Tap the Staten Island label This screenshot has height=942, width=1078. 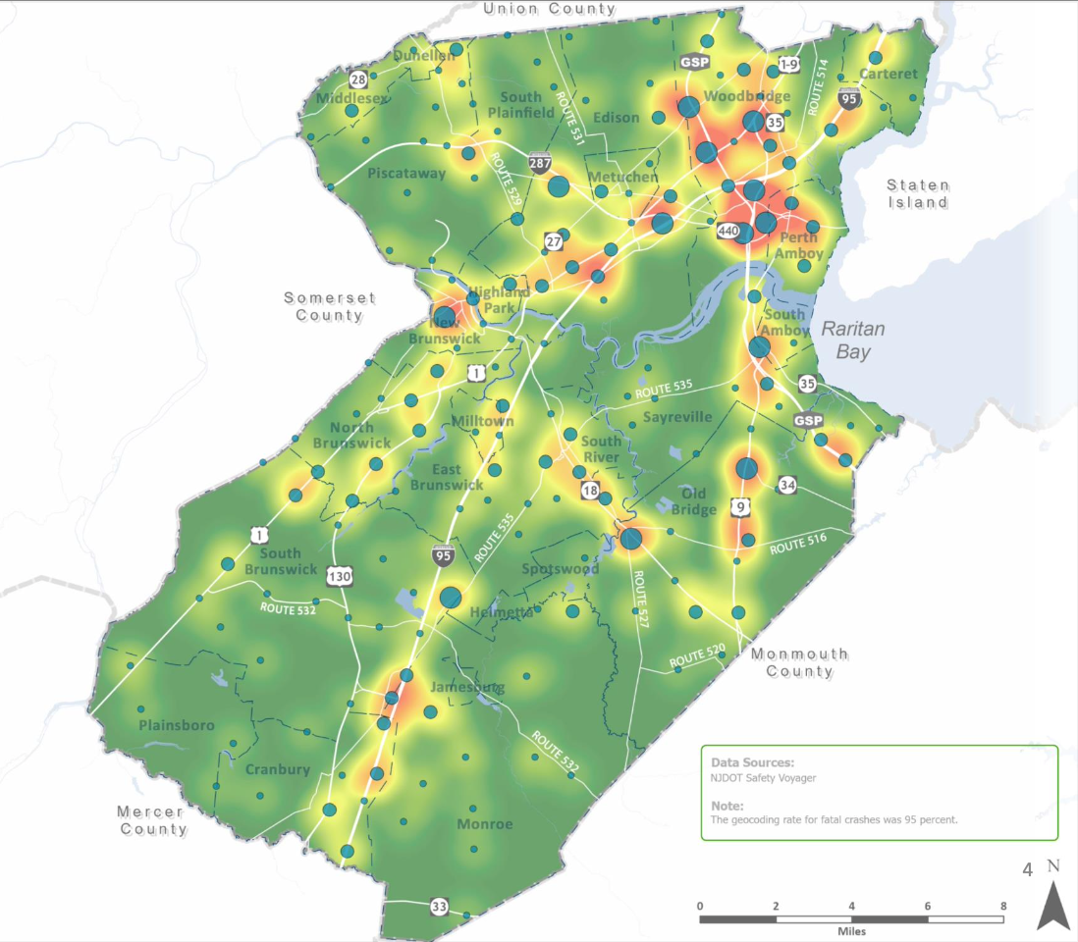point(918,193)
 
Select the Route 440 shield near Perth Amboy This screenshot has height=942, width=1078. point(728,231)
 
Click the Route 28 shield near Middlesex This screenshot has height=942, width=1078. point(358,79)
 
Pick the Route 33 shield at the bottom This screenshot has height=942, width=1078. point(439,905)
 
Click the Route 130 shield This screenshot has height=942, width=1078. point(341,575)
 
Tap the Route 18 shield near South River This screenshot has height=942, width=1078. point(590,490)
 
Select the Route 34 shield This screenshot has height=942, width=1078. point(787,485)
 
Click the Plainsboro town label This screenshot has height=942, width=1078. point(176,725)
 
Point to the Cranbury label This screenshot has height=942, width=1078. point(277,769)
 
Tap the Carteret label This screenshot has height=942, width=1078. point(888,74)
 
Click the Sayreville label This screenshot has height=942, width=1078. point(677,417)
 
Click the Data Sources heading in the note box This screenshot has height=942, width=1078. point(752,761)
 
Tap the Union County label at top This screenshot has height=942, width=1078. point(550,9)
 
